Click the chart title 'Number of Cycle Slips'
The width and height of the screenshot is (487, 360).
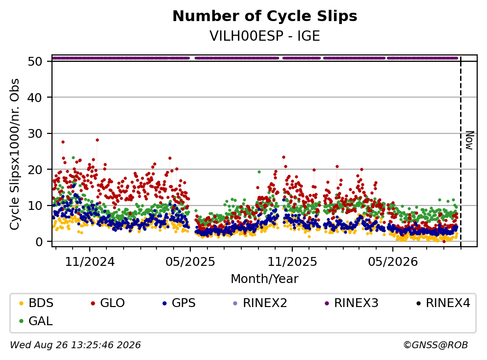click(x=265, y=16)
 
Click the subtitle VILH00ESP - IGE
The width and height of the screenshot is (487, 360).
click(x=265, y=36)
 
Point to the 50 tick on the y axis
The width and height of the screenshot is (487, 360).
click(x=35, y=61)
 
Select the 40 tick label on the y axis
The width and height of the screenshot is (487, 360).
click(x=35, y=98)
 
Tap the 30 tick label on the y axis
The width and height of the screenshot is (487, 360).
click(x=35, y=133)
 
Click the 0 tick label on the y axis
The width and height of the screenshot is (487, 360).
click(x=39, y=242)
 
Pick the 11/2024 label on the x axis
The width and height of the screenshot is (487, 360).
click(x=90, y=262)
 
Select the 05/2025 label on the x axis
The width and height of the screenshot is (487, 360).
click(x=190, y=262)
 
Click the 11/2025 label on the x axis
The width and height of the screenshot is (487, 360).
click(x=292, y=262)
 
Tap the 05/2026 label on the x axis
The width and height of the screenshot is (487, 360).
click(x=393, y=262)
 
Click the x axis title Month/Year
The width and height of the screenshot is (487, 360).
click(x=265, y=279)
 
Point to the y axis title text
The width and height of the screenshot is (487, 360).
click(x=15, y=154)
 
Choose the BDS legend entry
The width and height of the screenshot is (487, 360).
click(x=36, y=303)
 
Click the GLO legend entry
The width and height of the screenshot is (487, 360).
click(x=108, y=303)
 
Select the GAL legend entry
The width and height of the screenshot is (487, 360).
click(x=36, y=321)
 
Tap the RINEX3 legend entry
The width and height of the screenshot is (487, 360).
click(x=352, y=303)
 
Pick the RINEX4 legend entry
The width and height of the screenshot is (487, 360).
click(x=443, y=303)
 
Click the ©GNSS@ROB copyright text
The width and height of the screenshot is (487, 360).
click(x=436, y=345)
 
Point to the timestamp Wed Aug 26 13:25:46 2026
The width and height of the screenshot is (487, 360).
click(x=76, y=345)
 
